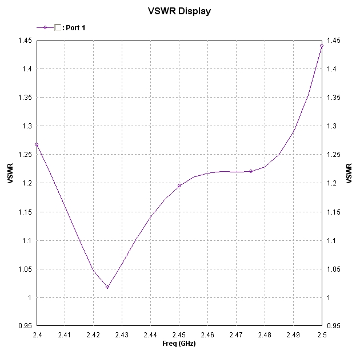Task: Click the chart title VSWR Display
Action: coord(179,11)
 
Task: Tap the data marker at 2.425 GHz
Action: coord(107,287)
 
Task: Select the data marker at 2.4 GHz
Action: coord(37,144)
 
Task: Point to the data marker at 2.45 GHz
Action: coord(179,185)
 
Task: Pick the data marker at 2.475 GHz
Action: coord(250,171)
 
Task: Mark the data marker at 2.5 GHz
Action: coord(322,46)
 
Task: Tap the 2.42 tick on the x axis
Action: coord(93,335)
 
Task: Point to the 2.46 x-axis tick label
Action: coord(207,335)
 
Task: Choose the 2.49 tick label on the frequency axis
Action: coord(293,335)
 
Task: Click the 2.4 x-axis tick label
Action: coord(38,335)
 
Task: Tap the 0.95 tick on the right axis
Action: coord(334,326)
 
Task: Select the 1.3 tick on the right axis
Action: coord(332,126)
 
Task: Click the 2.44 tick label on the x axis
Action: coord(150,335)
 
